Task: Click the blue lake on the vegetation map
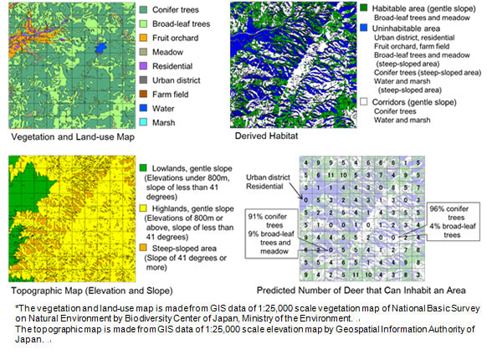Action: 101,49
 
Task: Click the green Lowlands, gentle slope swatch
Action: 146,167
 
